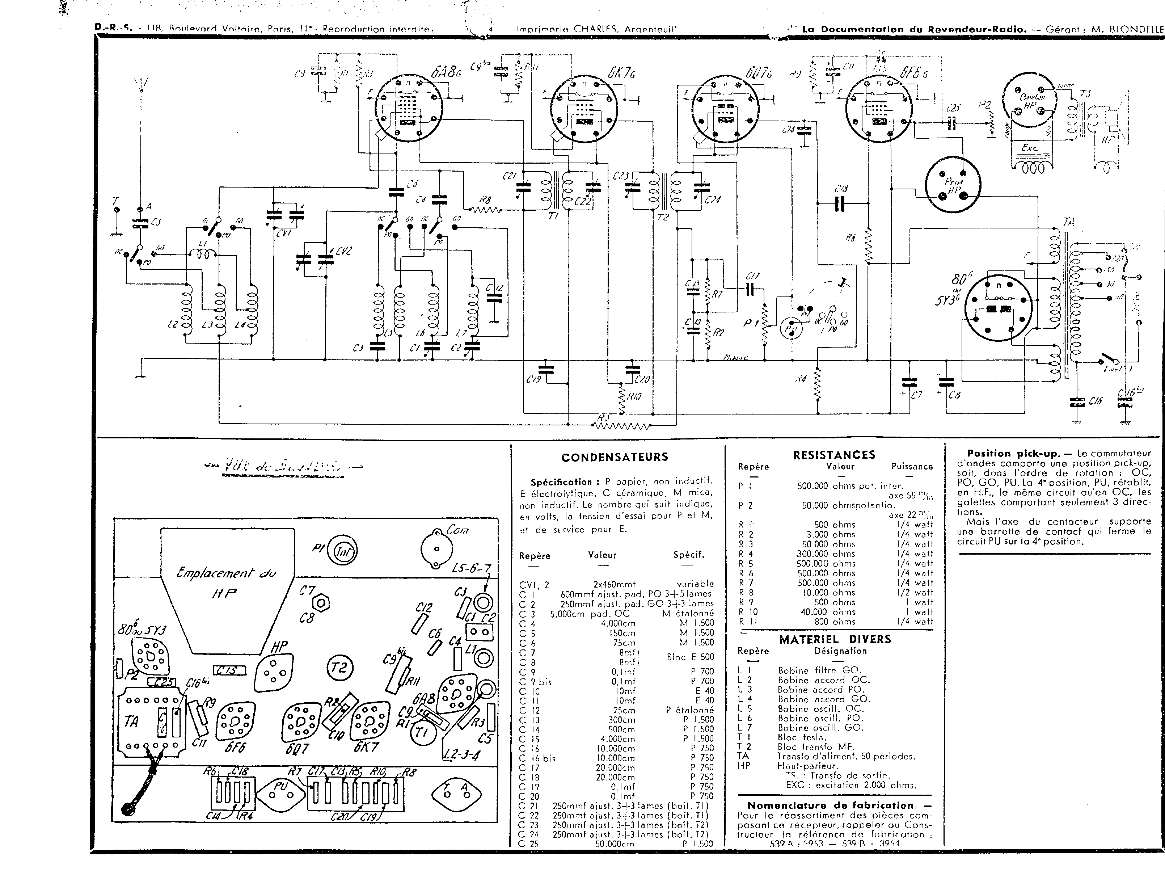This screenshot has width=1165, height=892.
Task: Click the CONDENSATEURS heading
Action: [615, 457]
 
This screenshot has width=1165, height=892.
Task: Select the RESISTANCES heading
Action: [834, 455]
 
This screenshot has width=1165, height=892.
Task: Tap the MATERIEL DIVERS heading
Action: [835, 639]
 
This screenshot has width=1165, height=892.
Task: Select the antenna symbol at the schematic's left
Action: [141, 85]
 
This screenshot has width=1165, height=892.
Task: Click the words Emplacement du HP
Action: [227, 582]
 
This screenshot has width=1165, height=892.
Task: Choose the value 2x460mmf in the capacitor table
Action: [614, 584]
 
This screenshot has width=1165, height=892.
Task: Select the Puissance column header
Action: [911, 467]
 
